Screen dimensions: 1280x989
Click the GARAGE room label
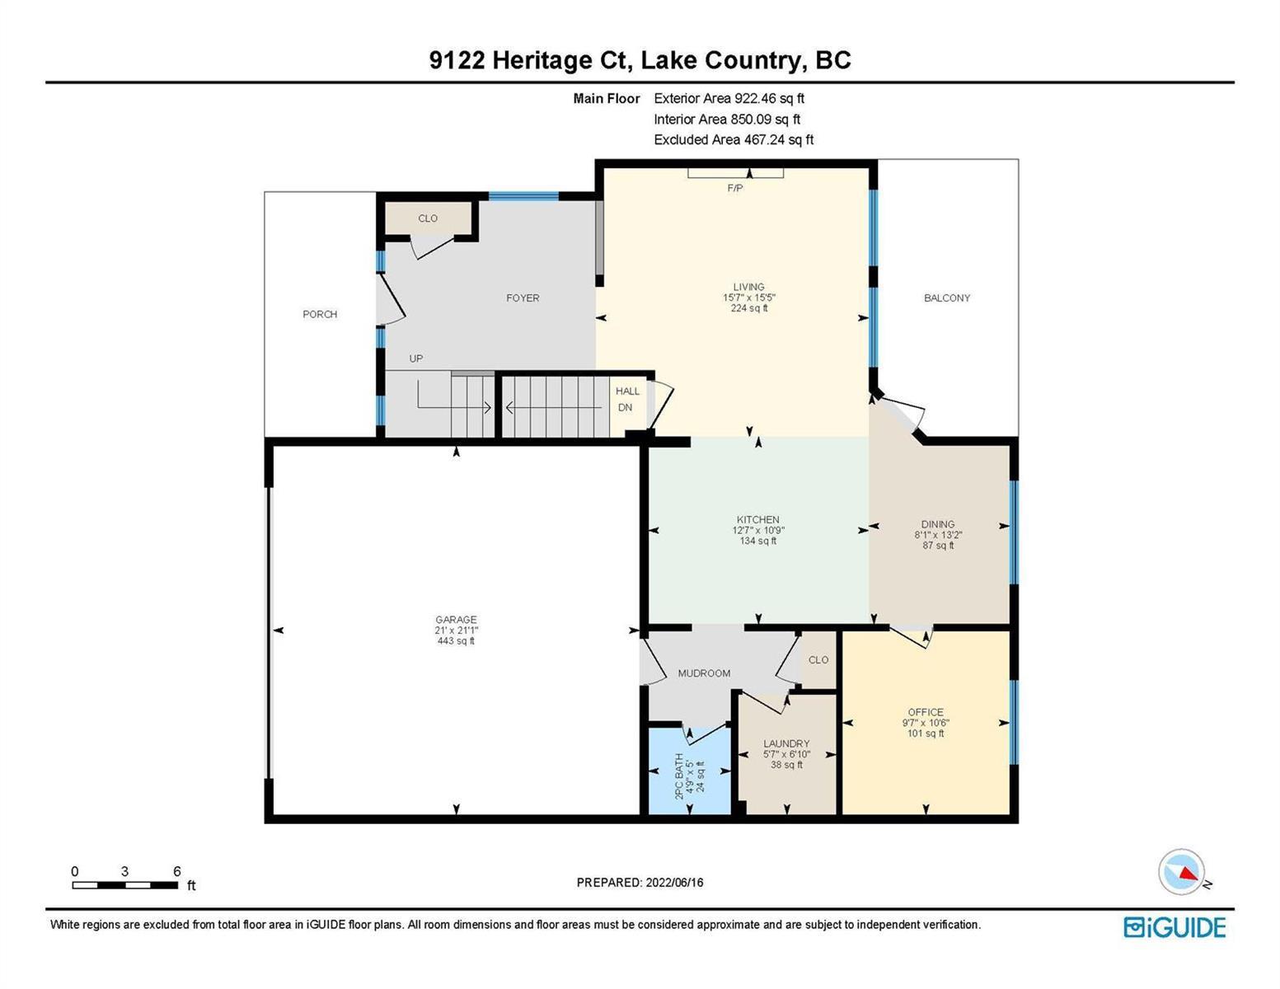(456, 619)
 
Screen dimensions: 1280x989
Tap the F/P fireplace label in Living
(734, 188)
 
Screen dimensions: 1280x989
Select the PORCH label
(320, 314)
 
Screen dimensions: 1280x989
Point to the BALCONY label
(946, 298)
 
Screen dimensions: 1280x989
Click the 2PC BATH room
(689, 771)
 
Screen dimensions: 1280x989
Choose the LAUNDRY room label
(786, 743)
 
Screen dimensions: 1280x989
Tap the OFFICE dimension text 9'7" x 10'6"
(926, 723)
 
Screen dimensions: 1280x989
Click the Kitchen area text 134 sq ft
(758, 541)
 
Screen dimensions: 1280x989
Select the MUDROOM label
(704, 673)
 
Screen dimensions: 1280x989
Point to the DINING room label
(938, 523)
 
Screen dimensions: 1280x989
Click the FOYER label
(523, 298)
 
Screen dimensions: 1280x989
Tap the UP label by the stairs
(416, 359)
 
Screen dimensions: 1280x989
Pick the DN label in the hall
(625, 407)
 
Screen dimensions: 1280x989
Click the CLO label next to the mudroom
(818, 659)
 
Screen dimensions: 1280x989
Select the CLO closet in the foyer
(428, 218)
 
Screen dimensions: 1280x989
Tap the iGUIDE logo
(1175, 927)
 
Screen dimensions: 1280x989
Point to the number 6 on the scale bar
(176, 870)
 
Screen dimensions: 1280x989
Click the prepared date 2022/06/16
(674, 883)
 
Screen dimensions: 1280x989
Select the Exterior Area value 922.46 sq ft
(769, 98)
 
